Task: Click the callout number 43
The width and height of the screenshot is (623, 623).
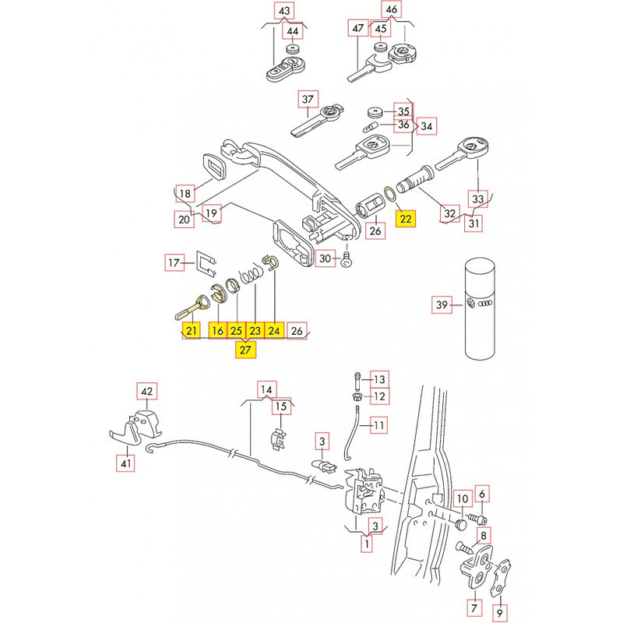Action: (283, 11)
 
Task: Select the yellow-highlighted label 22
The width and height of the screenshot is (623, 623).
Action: (407, 218)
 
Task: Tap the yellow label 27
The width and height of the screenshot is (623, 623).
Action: (246, 350)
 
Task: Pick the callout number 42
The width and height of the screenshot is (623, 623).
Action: (147, 391)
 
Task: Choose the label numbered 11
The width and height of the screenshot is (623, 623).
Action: (378, 426)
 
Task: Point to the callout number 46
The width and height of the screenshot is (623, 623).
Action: (392, 11)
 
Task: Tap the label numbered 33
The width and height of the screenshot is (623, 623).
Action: (479, 199)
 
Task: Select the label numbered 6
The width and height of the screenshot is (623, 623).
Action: (483, 494)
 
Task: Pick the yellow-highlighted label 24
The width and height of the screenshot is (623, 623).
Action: (274, 331)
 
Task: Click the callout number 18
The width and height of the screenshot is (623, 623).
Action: (185, 193)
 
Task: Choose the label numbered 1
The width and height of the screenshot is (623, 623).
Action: (365, 545)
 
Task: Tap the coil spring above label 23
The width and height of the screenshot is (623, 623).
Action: (250, 275)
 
